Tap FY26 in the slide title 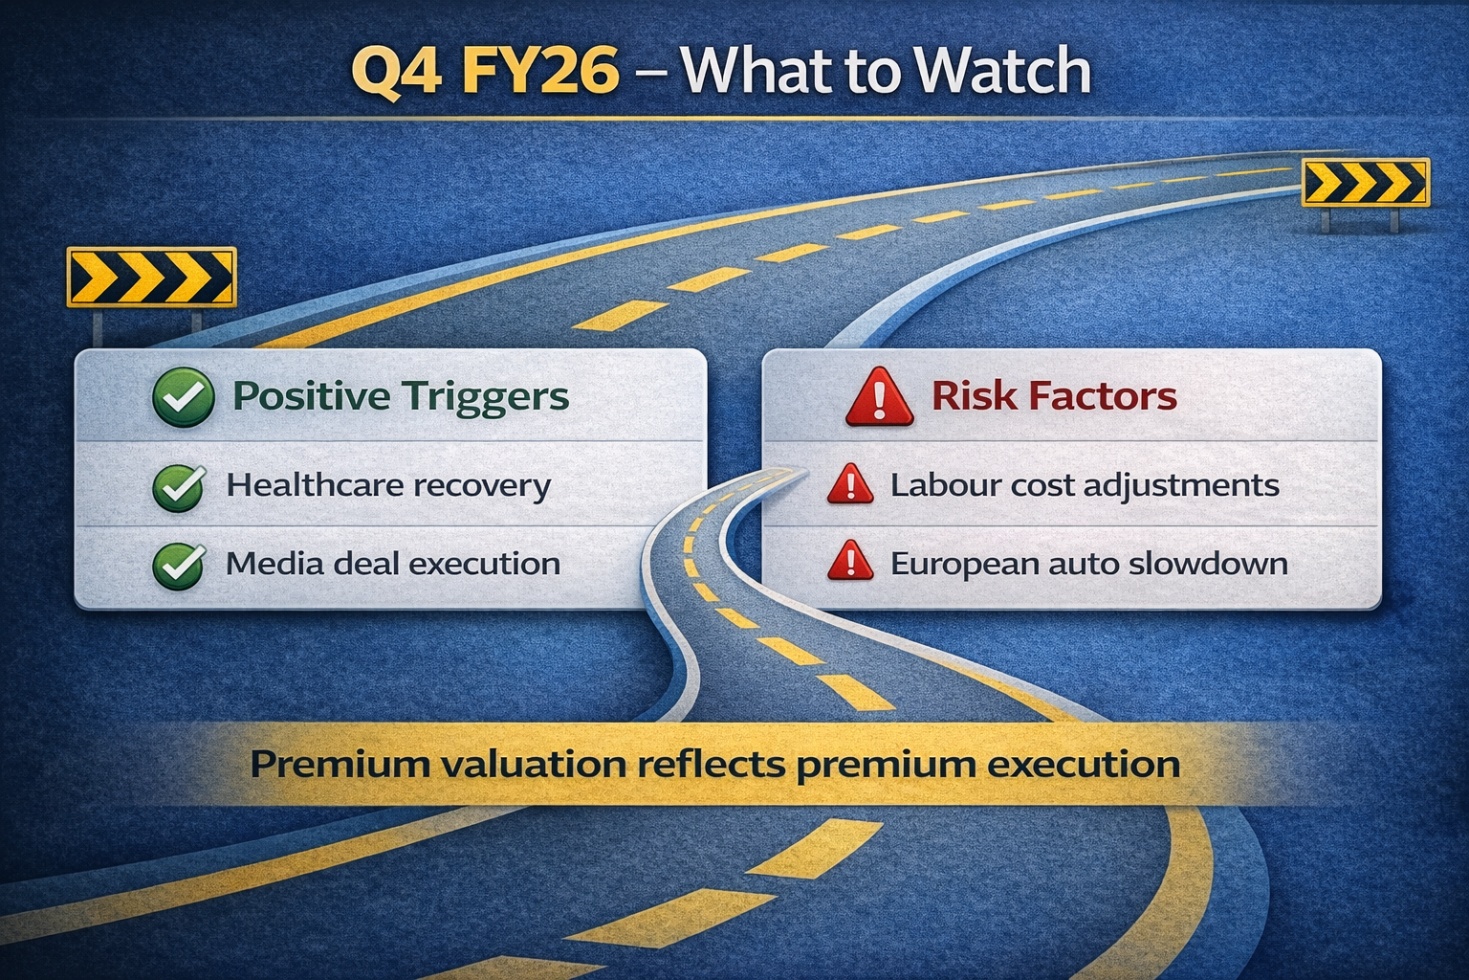click(x=540, y=70)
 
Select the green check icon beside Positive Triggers click(x=183, y=397)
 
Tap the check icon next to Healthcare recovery click(x=179, y=488)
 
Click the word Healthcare click(x=314, y=485)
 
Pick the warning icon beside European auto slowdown click(x=850, y=561)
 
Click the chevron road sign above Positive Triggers click(x=151, y=277)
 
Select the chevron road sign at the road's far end click(x=1366, y=183)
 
